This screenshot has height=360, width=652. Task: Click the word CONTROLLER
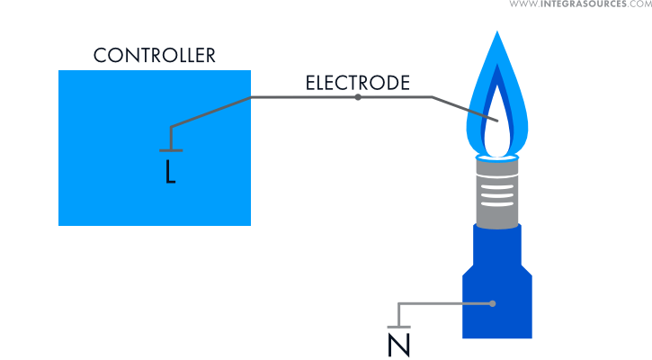(x=155, y=55)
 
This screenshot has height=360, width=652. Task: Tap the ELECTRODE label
(x=358, y=84)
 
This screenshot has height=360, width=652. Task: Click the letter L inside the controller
(x=170, y=172)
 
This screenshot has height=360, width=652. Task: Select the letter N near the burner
(x=397, y=344)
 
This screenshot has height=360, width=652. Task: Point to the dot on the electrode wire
(x=358, y=96)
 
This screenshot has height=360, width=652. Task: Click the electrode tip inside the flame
(x=497, y=121)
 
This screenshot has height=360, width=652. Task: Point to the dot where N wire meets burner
(x=494, y=304)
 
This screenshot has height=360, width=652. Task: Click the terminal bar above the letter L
(x=171, y=149)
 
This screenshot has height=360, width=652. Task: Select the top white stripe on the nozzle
(x=496, y=180)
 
